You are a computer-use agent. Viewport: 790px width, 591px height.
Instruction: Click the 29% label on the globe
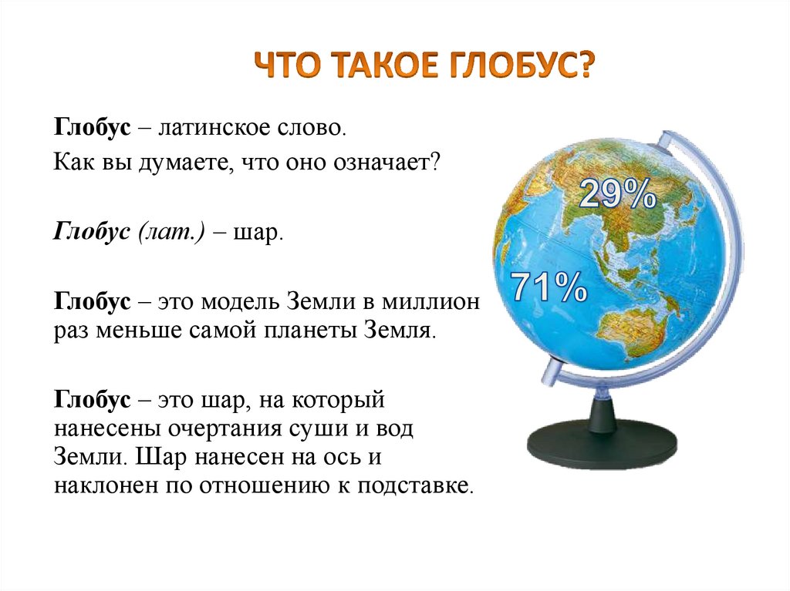[x=616, y=195]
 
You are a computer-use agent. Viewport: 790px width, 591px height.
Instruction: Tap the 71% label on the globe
[x=550, y=288]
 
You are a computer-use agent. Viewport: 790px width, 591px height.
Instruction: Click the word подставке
[x=416, y=486]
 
